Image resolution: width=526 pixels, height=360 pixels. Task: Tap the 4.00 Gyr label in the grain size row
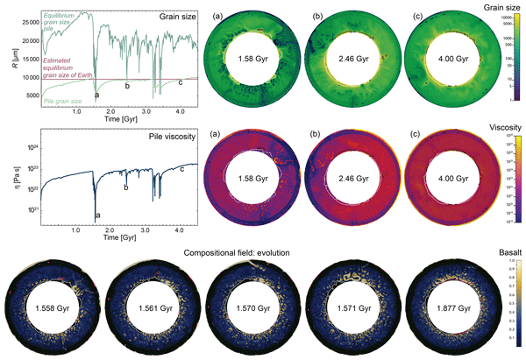pos(428,60)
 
